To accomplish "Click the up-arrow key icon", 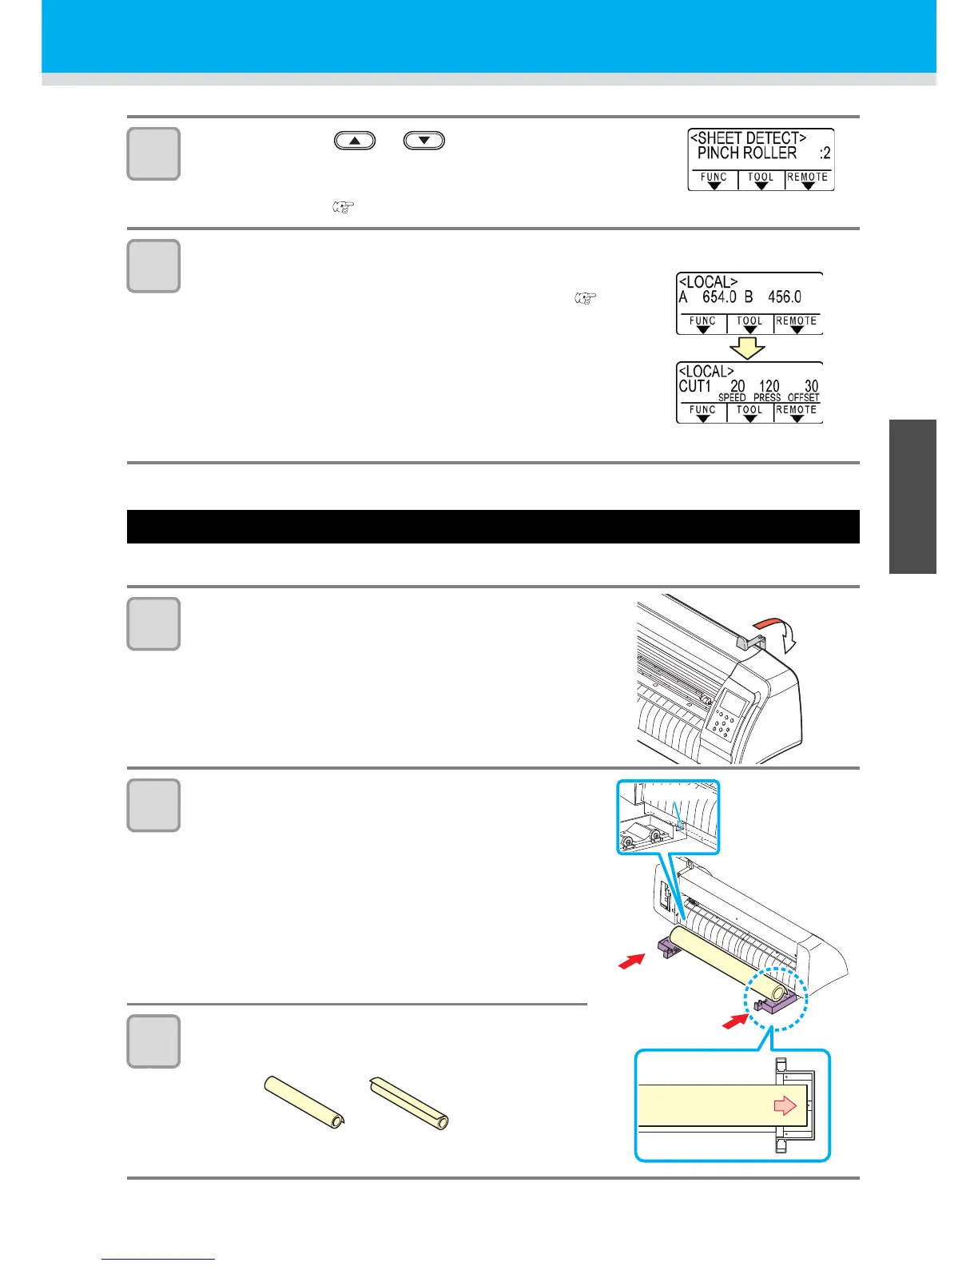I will (355, 141).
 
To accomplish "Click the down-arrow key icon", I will (424, 141).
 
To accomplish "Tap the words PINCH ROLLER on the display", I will (746, 153).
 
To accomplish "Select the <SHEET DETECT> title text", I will (748, 137).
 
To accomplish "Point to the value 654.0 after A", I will (719, 297).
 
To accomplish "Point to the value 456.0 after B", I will (784, 297).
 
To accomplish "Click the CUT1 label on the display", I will (694, 386).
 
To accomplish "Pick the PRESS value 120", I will (769, 386).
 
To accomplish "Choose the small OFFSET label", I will (803, 397).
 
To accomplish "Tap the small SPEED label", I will (731, 397).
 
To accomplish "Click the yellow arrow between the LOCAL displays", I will (748, 348).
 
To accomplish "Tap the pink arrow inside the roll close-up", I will (785, 1105).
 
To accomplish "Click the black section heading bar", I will (492, 527).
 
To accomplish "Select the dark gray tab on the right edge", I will (912, 496).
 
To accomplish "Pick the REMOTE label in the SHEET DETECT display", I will (807, 177).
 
